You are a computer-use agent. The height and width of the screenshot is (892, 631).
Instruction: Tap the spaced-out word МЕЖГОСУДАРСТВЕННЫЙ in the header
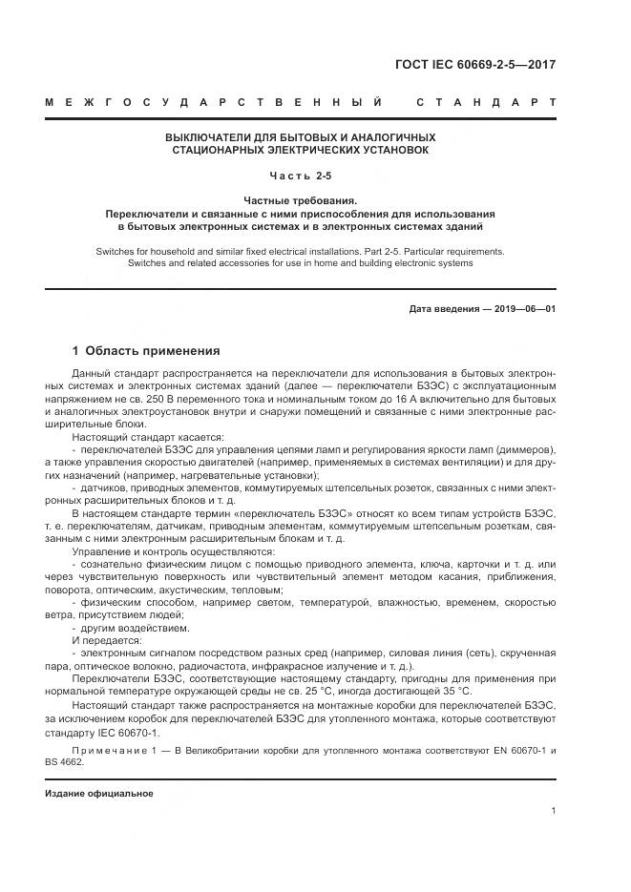(x=214, y=102)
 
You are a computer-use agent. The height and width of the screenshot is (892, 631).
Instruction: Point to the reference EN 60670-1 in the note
(x=508, y=751)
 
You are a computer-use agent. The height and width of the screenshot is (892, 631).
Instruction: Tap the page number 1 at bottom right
(x=554, y=811)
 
